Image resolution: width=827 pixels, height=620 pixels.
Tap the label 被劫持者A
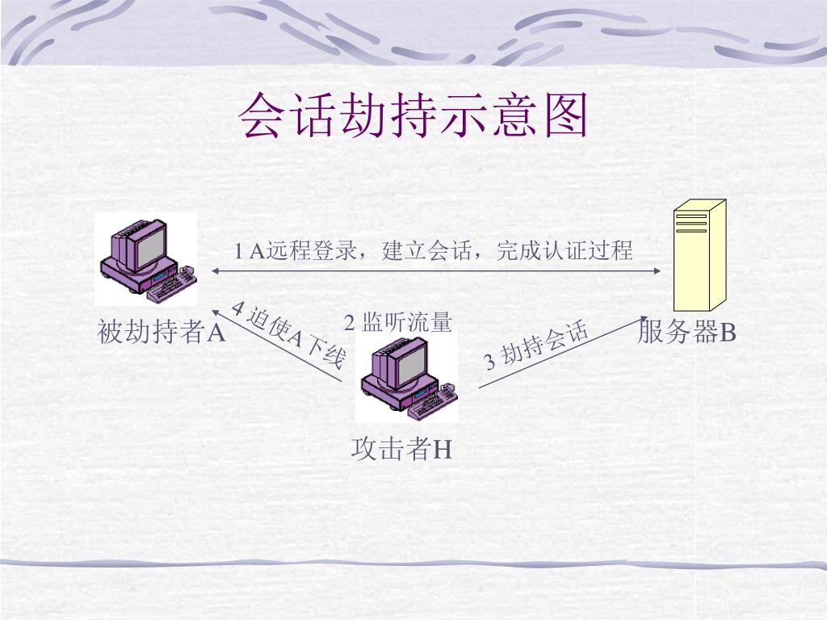161,332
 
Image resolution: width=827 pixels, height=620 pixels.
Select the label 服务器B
686,332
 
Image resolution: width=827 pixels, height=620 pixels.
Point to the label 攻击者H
401,449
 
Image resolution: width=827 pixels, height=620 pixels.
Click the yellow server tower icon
699,255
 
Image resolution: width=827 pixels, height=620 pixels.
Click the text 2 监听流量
398,323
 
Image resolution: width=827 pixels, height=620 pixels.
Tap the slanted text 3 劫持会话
535,347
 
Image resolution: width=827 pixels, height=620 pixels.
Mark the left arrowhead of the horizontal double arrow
216,271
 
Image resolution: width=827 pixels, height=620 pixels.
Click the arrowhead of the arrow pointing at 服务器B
644,319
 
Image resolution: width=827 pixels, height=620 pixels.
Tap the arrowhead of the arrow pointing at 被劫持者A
216,311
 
